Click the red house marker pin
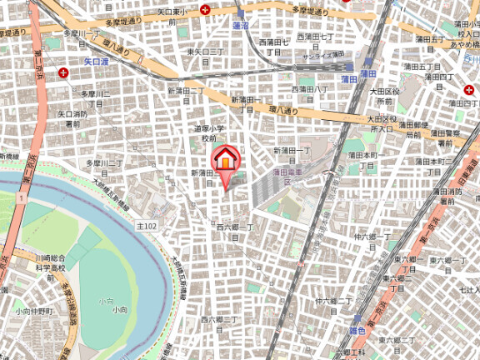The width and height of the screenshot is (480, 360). coord(226,161)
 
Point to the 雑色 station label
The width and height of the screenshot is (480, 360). coord(357,331)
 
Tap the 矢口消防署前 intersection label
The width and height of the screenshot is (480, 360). coord(72,117)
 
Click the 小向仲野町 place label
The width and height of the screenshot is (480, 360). coord(33,311)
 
